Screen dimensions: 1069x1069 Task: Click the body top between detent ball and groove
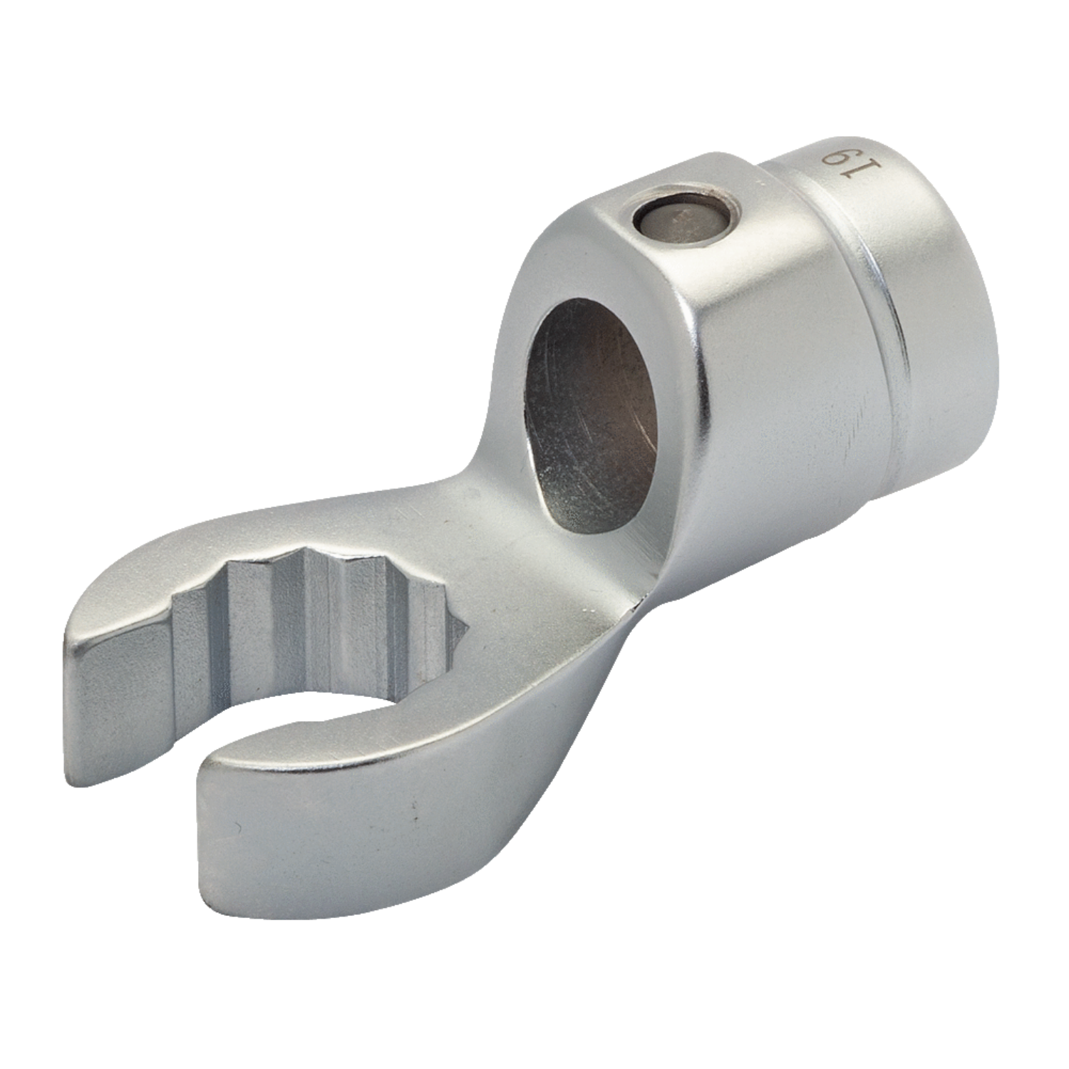coord(784,242)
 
